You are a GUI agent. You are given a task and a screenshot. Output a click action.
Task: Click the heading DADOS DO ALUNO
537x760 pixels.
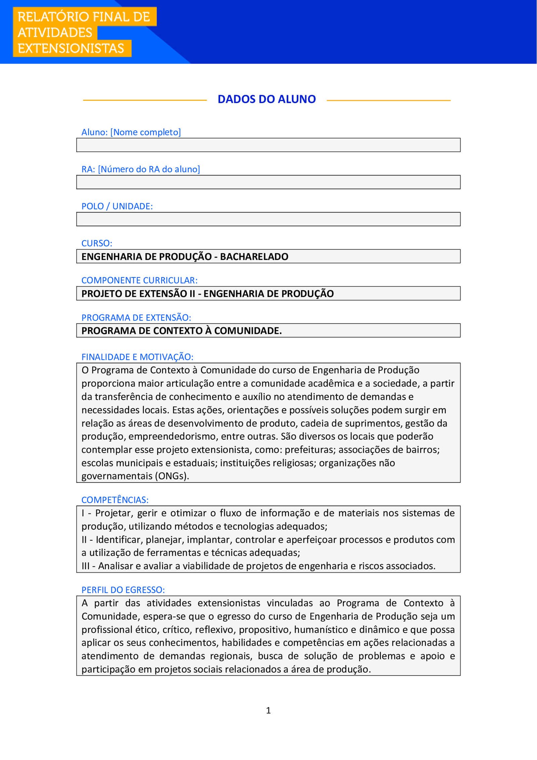[266, 99]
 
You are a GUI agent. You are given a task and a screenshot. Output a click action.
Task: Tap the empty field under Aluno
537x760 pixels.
[268, 145]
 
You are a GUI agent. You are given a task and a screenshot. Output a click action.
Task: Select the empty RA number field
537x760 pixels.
[268, 182]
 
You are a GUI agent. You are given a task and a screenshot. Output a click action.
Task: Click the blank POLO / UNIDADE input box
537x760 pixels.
[268, 219]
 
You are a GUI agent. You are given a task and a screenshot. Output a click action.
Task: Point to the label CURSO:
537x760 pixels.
[97, 243]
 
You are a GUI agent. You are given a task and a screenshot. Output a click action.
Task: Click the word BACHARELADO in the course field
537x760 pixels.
[254, 257]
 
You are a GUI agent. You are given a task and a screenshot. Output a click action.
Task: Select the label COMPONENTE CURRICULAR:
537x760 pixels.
[139, 280]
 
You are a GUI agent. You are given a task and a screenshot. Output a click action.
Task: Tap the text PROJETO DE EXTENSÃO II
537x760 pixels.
[138, 294]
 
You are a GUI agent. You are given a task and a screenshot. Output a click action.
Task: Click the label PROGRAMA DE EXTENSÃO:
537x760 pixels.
[136, 317]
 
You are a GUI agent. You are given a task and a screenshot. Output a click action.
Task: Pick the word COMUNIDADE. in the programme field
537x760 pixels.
[248, 331]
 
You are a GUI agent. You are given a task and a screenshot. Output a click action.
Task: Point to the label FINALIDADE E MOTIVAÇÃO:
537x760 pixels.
[137, 357]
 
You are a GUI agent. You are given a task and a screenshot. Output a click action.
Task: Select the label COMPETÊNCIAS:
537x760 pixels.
[115, 500]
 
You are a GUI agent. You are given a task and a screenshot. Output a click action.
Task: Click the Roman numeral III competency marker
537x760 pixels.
[85, 566]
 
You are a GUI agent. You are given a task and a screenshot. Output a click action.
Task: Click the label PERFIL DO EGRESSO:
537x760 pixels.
[123, 590]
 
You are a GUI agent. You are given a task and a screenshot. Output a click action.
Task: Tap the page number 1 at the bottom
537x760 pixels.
[268, 710]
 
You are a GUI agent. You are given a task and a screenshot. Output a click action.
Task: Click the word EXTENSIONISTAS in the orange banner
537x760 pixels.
[71, 48]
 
